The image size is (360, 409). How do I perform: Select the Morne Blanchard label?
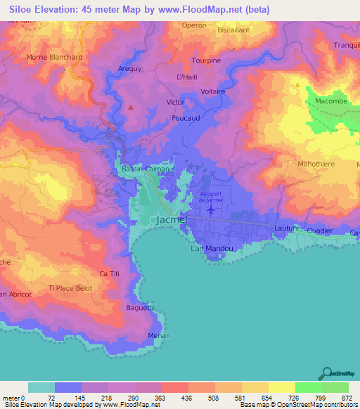[54, 57]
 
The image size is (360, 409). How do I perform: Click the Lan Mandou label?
[207, 248]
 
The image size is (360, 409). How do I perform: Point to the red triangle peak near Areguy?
[131, 107]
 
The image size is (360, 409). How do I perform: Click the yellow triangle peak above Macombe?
[298, 86]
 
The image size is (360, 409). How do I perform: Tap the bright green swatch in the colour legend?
[309, 387]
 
